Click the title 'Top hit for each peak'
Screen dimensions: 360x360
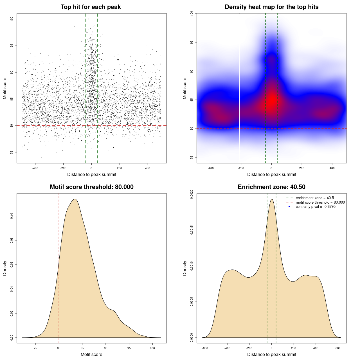pos(91,7)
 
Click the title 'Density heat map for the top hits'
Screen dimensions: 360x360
pos(271,7)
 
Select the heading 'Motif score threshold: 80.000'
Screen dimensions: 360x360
pos(91,187)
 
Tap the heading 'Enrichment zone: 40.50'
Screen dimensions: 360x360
pos(271,187)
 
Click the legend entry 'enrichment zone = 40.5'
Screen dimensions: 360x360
pos(315,198)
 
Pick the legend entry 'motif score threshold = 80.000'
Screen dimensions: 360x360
pos(320,202)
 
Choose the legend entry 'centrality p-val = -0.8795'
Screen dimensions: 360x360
pos(316,207)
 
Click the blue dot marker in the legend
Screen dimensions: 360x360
pos(289,207)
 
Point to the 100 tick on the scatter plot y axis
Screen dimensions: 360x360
pos(12,19)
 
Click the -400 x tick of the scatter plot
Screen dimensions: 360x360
pos(35,168)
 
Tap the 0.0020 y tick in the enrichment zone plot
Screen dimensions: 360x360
pos(192,194)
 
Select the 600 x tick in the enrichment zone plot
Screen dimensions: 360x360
pos(338,348)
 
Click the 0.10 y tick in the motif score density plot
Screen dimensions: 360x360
pos(12,216)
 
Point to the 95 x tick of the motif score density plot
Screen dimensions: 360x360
pos(129,348)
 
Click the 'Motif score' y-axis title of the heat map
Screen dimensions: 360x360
pos(185,88)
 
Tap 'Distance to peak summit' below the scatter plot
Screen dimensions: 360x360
pos(92,174)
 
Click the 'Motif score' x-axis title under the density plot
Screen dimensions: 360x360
pos(91,354)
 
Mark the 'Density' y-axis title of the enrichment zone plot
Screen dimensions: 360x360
pos(185,268)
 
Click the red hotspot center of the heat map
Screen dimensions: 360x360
pos(272,100)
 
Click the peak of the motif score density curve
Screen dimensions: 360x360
pos(75,199)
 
